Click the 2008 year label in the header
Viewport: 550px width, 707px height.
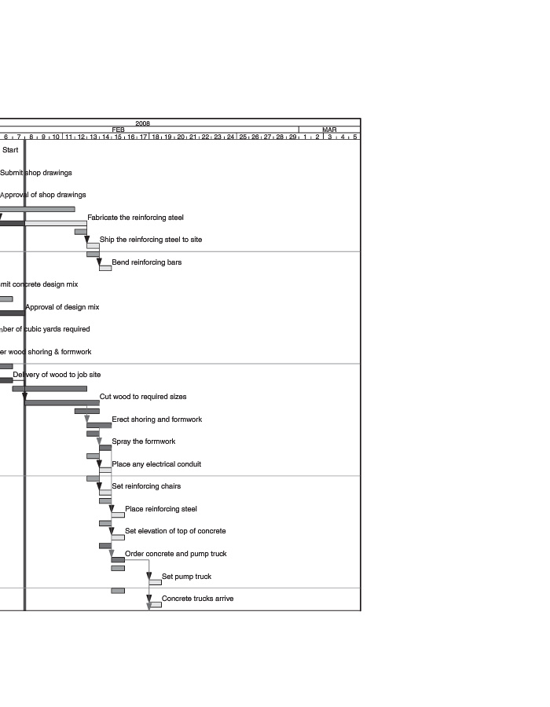click(x=142, y=123)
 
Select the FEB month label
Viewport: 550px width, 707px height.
click(x=118, y=130)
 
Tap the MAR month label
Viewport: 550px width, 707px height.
click(x=329, y=130)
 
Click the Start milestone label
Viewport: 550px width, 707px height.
click(x=10, y=150)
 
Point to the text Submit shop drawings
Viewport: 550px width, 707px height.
click(x=36, y=173)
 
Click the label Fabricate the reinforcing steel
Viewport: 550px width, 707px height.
click(x=135, y=218)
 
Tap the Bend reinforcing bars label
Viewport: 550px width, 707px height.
click(x=146, y=262)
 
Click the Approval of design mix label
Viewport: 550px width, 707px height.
click(x=62, y=307)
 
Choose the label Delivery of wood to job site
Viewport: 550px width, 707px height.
click(x=57, y=375)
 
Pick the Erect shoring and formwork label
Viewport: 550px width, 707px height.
click(x=156, y=419)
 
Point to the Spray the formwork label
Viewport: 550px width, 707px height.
click(x=143, y=441)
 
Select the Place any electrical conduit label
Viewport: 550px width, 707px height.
click(x=156, y=464)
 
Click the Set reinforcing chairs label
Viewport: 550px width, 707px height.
click(x=146, y=486)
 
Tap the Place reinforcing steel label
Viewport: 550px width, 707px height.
click(x=161, y=509)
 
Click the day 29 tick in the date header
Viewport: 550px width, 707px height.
click(x=292, y=137)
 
